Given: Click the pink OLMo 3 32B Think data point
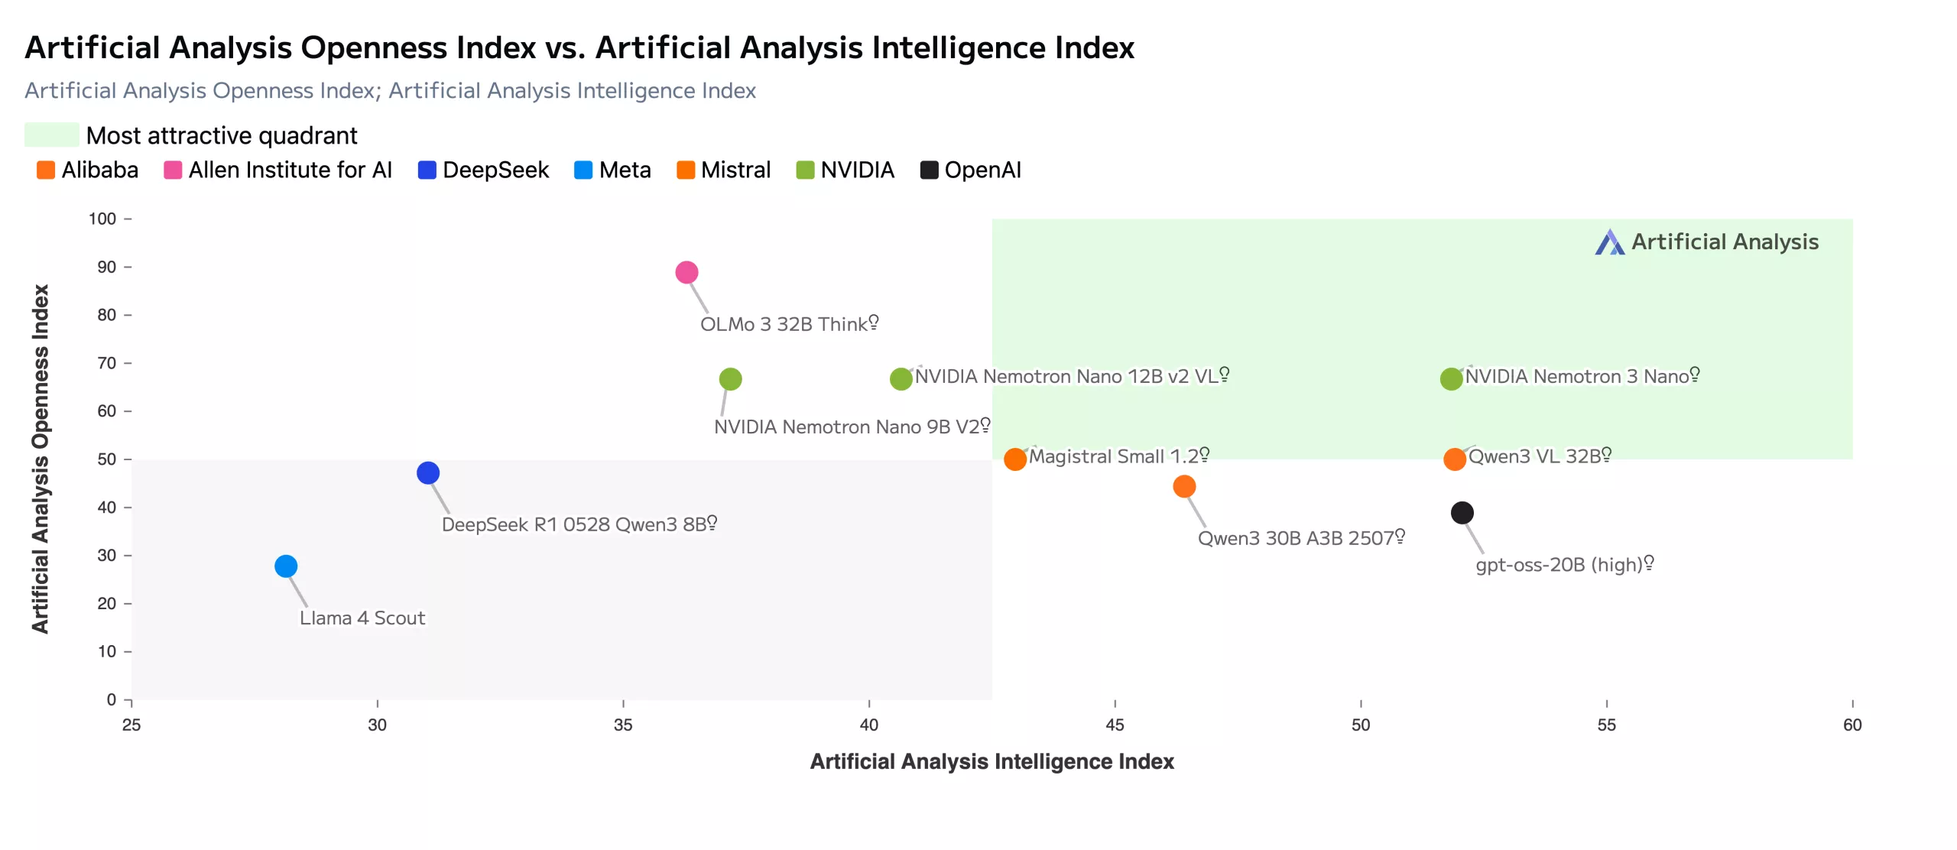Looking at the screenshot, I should pyautogui.click(x=686, y=272).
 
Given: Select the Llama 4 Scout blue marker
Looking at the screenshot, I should pyautogui.click(x=286, y=566).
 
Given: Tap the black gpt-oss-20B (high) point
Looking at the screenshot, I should pyautogui.click(x=1462, y=513).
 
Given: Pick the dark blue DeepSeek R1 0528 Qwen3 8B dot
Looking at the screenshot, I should pyautogui.click(x=428, y=473).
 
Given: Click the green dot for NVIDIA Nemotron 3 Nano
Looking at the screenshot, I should pyautogui.click(x=1451, y=379).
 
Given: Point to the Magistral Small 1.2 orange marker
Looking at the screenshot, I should pyautogui.click(x=1014, y=459).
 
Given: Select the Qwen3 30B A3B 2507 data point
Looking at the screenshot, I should pyautogui.click(x=1184, y=487).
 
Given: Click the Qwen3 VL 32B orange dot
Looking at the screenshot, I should pyautogui.click(x=1454, y=459).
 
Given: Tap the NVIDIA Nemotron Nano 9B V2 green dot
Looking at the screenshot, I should pyautogui.click(x=730, y=379).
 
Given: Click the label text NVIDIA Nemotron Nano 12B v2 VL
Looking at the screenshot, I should pyautogui.click(x=1066, y=377).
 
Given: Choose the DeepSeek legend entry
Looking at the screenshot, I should pyautogui.click(x=484, y=170).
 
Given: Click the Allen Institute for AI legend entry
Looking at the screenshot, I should pyautogui.click(x=278, y=170).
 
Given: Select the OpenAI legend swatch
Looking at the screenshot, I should pyautogui.click(x=929, y=170).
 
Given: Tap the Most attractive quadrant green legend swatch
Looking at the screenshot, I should pyautogui.click(x=51, y=135).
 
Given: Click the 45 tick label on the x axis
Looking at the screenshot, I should pyautogui.click(x=1115, y=725).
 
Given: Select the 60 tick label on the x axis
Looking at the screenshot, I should pyautogui.click(x=1852, y=725).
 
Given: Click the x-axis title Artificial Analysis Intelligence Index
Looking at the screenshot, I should pyautogui.click(x=991, y=761).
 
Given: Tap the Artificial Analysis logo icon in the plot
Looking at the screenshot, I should pyautogui.click(x=1609, y=242).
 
